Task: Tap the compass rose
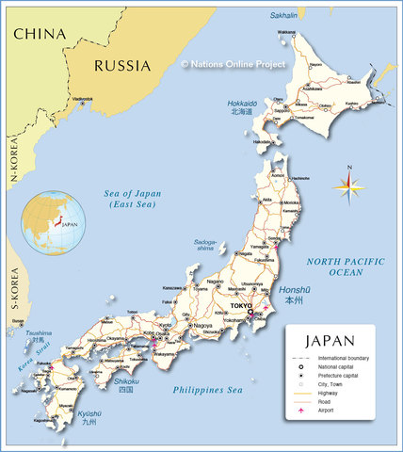pyautogui.click(x=349, y=186)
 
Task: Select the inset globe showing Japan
pyautogui.click(x=55, y=223)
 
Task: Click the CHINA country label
pyautogui.click(x=40, y=34)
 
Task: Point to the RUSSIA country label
pyautogui.click(x=121, y=66)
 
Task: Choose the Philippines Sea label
pyautogui.click(x=208, y=389)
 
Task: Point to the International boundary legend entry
pyautogui.click(x=342, y=359)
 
